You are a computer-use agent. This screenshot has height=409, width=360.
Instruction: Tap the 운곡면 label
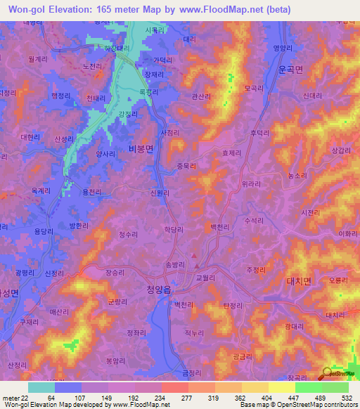pyautogui.click(x=289, y=70)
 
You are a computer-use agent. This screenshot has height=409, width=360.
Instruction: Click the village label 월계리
pyautogui.click(x=33, y=60)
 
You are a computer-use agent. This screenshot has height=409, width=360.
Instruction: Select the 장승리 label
pyautogui.click(x=115, y=272)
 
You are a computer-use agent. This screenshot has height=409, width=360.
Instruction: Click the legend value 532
pyautogui.click(x=348, y=397)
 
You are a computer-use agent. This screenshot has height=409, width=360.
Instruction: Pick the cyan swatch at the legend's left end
pyautogui.click(x=41, y=387)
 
